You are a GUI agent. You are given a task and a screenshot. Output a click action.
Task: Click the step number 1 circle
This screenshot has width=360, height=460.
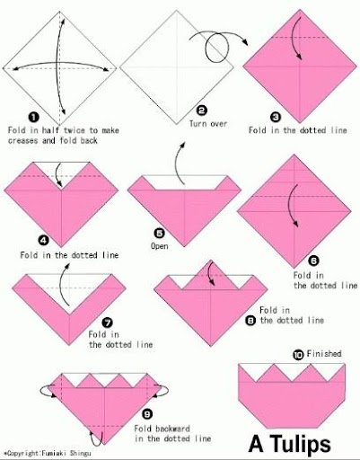pos(34,117)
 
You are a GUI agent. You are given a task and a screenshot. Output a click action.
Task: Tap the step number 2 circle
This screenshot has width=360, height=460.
pos(201,111)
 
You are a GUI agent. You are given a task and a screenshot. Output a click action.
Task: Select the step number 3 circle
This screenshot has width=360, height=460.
pos(276,117)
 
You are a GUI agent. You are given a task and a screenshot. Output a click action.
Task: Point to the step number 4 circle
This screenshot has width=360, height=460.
pos(44,240)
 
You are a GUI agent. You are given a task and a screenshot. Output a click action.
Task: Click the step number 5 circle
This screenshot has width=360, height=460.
pos(159,233)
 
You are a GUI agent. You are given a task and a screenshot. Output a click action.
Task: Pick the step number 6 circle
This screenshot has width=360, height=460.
pos(313,261)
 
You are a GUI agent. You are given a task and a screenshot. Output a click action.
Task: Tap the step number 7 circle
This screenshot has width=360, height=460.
pos(107,323)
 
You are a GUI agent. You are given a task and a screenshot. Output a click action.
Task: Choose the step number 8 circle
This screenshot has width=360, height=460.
pos(250,321)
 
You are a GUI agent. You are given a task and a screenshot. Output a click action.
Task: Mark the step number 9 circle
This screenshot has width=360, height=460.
pos(147,414)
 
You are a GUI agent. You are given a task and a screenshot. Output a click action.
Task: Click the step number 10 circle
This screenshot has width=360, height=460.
pos(298,355)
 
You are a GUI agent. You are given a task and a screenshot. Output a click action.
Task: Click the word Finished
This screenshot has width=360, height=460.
pos(324,354)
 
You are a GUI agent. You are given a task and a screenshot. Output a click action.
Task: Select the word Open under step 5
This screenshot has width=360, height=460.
pos(159,246)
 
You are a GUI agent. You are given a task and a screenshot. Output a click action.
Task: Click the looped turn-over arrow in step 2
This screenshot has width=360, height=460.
pos(217,47)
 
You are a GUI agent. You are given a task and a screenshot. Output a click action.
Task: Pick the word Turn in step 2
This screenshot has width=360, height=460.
pos(197,124)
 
